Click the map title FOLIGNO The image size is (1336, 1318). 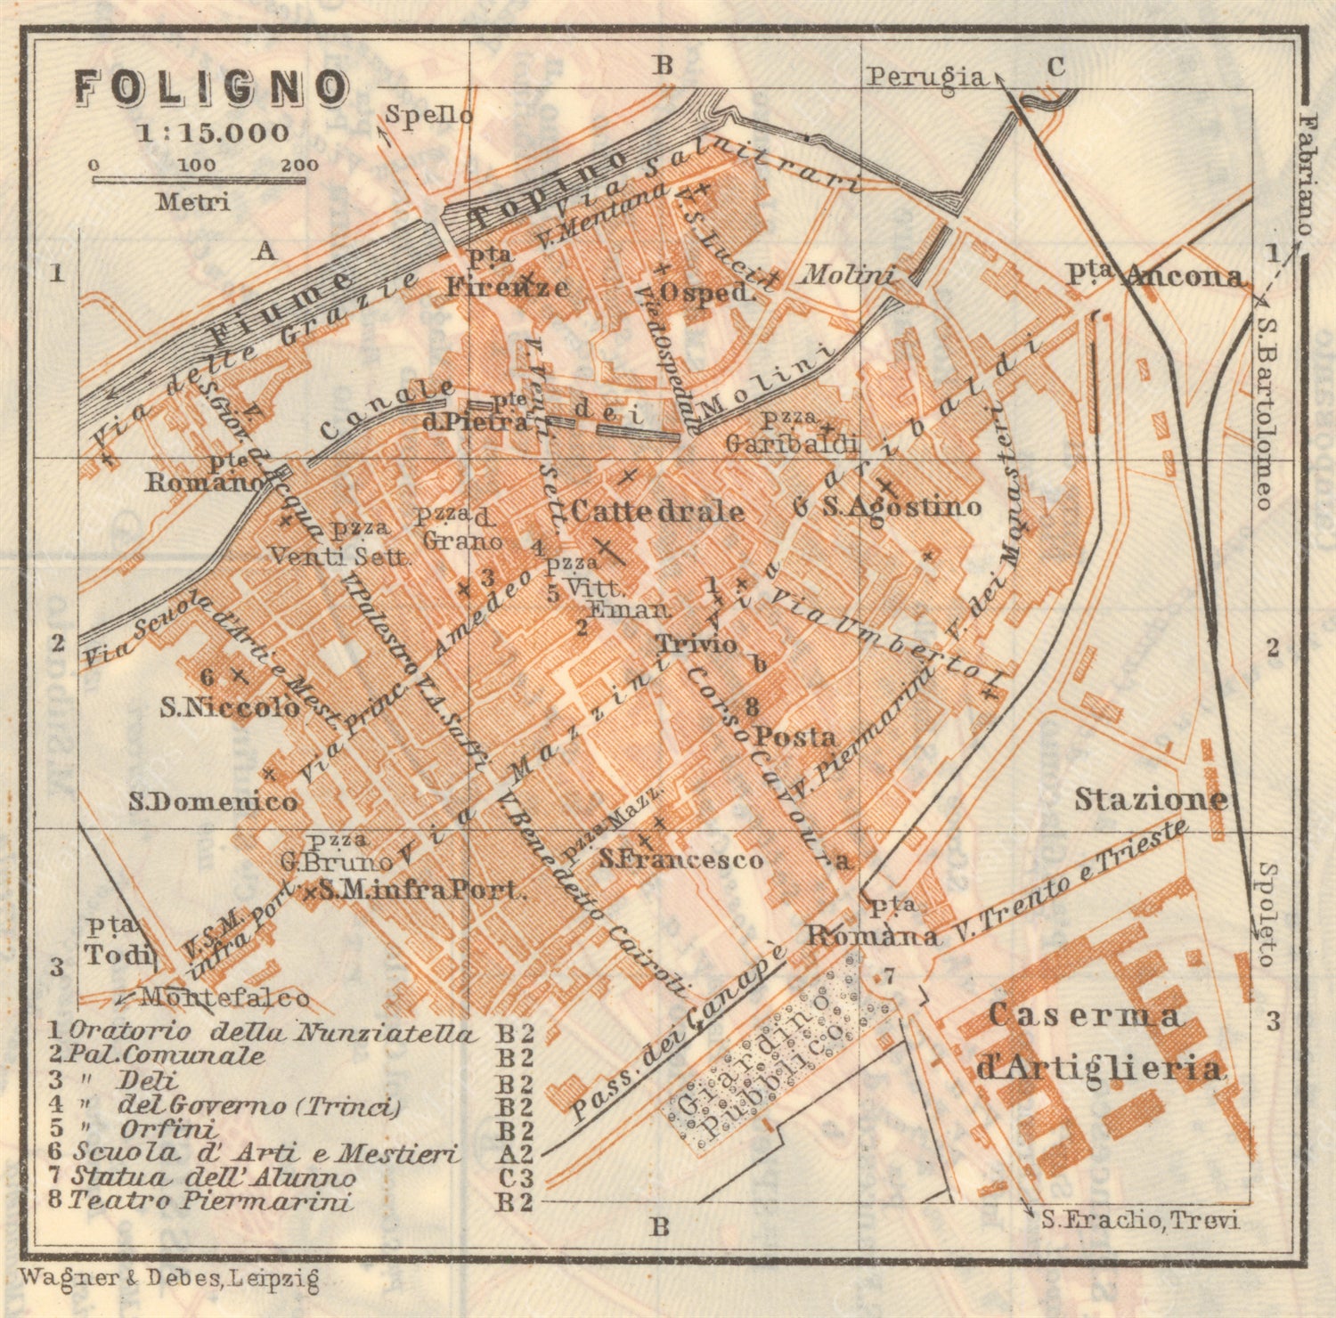tap(210, 88)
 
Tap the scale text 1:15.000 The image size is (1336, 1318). tap(213, 133)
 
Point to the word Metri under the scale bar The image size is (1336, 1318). tap(193, 202)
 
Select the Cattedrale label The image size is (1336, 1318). tap(657, 511)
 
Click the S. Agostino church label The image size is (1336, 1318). tap(900, 507)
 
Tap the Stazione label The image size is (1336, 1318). tap(1150, 799)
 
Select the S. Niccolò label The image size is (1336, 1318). tap(230, 708)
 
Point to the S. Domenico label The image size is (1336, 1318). tap(213, 801)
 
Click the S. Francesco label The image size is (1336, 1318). tap(681, 859)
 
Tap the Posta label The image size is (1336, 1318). tap(795, 736)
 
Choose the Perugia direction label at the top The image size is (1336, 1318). tap(927, 77)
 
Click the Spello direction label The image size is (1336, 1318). tap(428, 115)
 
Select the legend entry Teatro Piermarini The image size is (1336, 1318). tap(210, 1200)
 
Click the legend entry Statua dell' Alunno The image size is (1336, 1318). tap(214, 1177)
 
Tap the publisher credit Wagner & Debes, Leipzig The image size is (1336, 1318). tap(169, 1279)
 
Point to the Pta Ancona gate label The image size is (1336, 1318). tap(1155, 276)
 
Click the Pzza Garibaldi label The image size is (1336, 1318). tap(792, 436)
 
